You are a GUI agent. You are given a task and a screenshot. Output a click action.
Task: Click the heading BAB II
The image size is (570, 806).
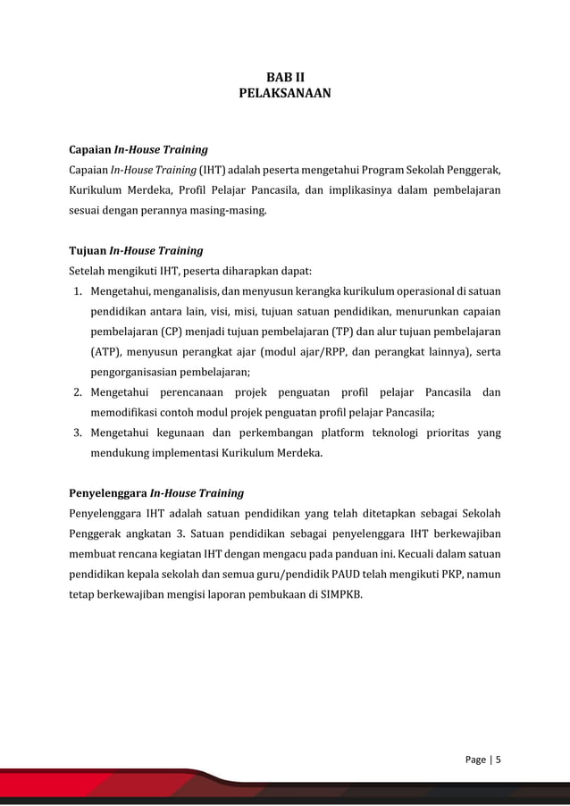(285, 76)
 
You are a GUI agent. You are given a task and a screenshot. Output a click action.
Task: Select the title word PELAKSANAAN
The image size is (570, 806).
(285, 92)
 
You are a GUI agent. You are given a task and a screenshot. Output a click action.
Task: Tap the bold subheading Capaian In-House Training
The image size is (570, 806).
(138, 149)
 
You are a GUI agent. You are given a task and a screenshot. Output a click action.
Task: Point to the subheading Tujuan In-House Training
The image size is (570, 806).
(136, 250)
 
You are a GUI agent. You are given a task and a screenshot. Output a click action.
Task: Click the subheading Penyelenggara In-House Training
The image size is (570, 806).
(156, 492)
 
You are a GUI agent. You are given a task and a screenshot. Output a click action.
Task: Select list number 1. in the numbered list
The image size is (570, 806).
(78, 291)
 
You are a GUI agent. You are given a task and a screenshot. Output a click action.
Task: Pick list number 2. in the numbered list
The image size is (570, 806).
(78, 392)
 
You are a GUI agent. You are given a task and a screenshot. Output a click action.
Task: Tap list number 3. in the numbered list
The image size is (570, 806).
(78, 432)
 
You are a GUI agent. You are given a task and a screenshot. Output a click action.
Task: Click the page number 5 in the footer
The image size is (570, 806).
(498, 760)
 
